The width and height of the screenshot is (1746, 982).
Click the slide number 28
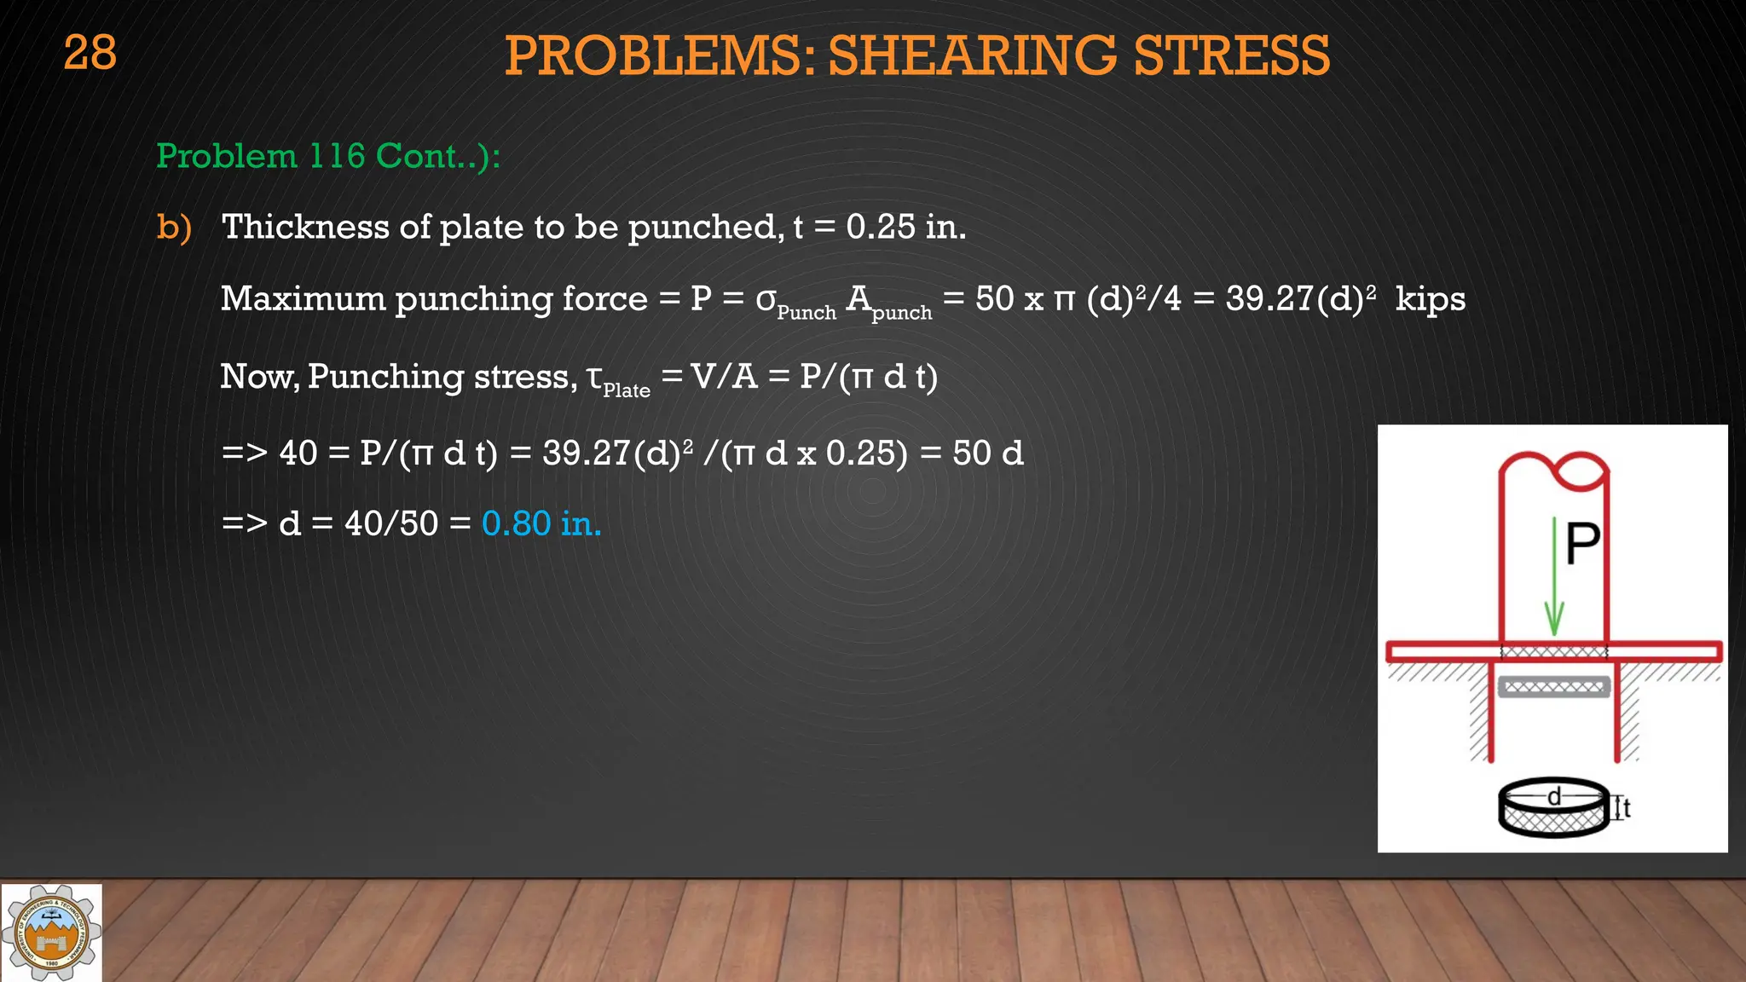pyautogui.click(x=90, y=53)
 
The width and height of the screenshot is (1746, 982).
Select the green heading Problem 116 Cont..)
pyautogui.click(x=328, y=156)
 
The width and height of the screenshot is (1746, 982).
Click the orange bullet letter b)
pyautogui.click(x=174, y=227)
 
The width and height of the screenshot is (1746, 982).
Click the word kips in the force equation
pyautogui.click(x=1431, y=298)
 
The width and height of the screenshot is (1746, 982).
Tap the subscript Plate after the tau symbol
pyautogui.click(x=627, y=390)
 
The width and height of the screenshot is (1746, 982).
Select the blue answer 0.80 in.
pyautogui.click(x=541, y=523)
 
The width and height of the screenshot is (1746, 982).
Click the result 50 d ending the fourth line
pyautogui.click(x=988, y=453)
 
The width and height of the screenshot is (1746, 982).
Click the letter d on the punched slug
pyautogui.click(x=1554, y=796)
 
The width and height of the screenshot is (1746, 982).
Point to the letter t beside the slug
pyautogui.click(x=1627, y=807)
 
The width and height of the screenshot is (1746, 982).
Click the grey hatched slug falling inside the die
pyautogui.click(x=1553, y=687)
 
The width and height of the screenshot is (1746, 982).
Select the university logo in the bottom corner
pyautogui.click(x=51, y=933)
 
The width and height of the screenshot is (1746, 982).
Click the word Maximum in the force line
pyautogui.click(x=303, y=298)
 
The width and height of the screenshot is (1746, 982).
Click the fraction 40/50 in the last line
pyautogui.click(x=391, y=523)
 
